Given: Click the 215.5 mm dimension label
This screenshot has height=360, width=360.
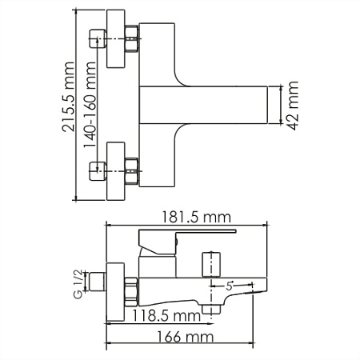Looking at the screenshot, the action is click(68, 97).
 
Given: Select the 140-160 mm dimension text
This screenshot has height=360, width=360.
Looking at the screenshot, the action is click(90, 105).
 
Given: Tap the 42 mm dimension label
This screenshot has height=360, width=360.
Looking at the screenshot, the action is click(293, 106).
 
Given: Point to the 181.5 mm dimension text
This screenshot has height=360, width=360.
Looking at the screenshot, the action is click(197, 218).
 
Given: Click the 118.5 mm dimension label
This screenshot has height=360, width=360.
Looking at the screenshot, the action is click(166, 316).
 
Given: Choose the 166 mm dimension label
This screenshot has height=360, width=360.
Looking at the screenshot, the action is click(185, 337).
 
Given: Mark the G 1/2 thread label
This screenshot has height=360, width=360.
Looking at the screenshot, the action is click(78, 284).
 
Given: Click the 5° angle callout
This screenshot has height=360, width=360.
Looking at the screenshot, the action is click(230, 286).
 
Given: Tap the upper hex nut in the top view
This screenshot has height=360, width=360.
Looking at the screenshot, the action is click(131, 38).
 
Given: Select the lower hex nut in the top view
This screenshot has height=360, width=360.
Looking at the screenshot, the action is click(131, 171).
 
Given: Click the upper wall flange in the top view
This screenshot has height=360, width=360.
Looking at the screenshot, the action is click(116, 39).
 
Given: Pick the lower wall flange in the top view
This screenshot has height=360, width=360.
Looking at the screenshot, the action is click(116, 171).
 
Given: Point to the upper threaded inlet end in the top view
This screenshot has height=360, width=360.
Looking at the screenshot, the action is click(98, 38).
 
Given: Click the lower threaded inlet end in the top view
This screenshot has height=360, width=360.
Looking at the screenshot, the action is click(98, 171).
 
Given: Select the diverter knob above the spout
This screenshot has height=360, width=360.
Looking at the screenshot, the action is click(211, 265).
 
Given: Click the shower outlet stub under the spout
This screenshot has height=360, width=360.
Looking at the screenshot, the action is click(211, 310).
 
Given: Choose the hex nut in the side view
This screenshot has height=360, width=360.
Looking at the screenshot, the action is click(131, 291).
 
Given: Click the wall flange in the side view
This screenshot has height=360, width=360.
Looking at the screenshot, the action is click(115, 292).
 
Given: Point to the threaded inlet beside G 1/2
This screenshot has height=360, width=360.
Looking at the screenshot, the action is click(97, 282).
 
